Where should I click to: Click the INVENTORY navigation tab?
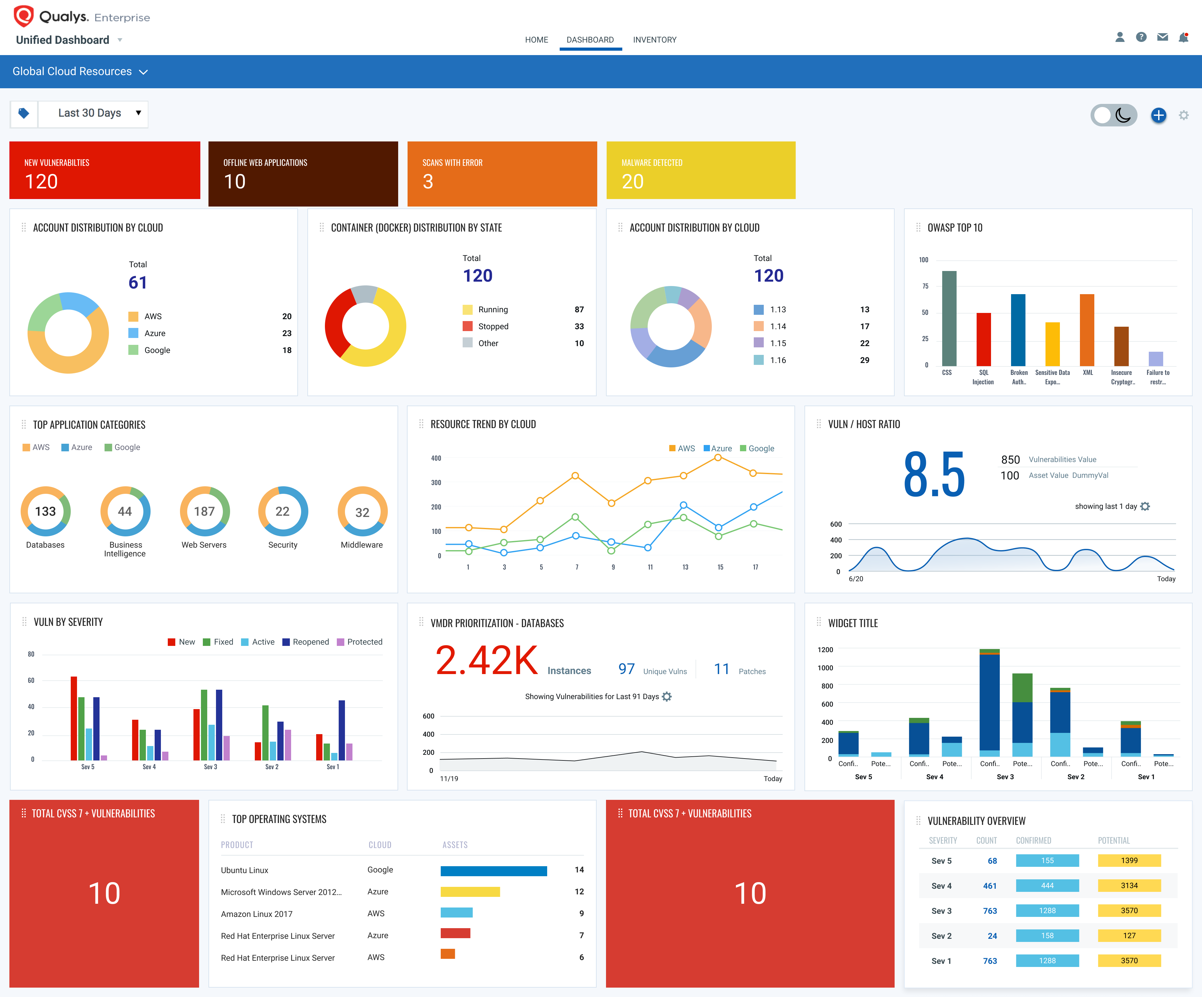pos(654,39)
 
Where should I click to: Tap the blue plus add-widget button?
pos(1158,115)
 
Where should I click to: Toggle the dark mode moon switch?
pos(1113,115)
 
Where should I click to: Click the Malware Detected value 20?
pos(633,182)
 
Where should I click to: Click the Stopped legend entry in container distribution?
pos(493,326)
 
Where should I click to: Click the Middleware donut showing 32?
pos(362,512)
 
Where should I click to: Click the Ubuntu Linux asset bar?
pos(493,871)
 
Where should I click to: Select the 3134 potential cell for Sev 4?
pos(1129,885)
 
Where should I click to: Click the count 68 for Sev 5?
pos(992,861)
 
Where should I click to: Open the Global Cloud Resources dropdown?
pos(80,72)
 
